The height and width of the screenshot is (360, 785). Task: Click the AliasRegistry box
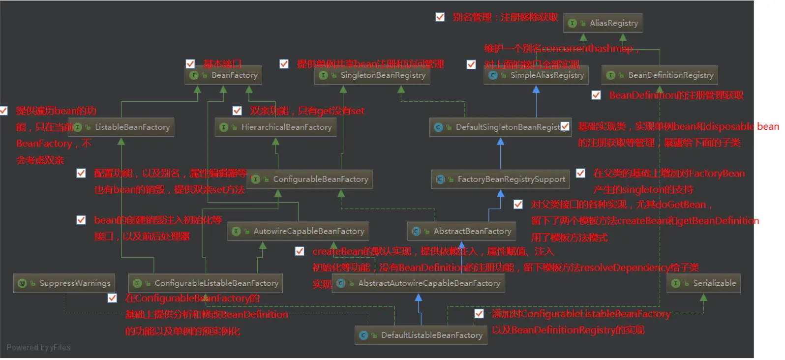pos(603,23)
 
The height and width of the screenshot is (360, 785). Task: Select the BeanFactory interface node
pos(223,75)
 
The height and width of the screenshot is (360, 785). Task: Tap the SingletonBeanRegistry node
pos(372,75)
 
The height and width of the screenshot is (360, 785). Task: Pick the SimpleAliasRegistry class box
pos(536,75)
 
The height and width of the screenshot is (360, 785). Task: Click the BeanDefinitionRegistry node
pos(660,75)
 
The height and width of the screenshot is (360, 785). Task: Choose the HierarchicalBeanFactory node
pos(275,127)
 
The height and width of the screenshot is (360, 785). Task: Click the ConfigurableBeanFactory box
pos(310,180)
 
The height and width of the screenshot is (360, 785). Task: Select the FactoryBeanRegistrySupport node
pos(500,180)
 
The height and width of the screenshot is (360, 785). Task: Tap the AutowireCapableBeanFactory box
pos(298,231)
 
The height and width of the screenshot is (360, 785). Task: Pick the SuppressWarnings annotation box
pos(64,283)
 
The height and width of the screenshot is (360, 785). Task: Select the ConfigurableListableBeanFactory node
pos(206,283)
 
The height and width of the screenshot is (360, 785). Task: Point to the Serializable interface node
pos(703,283)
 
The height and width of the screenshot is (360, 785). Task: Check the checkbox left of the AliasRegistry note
pos(440,17)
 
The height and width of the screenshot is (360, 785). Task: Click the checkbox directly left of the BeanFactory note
pos(190,63)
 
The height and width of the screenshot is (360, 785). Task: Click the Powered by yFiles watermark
pos(38,348)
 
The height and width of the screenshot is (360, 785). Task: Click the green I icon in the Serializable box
pos(676,283)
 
